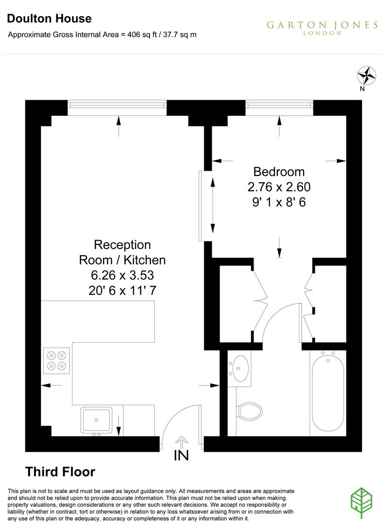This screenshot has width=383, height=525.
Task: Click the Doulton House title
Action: pyautogui.click(x=49, y=19)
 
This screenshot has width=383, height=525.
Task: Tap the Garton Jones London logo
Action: pyautogui.click(x=322, y=27)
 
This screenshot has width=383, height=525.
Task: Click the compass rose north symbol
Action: pyautogui.click(x=367, y=75)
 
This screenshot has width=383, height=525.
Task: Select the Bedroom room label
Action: pyautogui.click(x=279, y=172)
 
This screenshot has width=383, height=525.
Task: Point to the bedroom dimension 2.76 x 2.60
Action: pyautogui.click(x=279, y=187)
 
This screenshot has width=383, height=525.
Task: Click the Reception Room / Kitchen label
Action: pyautogui.click(x=122, y=252)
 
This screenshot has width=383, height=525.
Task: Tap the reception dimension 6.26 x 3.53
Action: pyautogui.click(x=122, y=276)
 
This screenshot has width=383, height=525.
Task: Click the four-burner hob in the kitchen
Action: pyautogui.click(x=56, y=360)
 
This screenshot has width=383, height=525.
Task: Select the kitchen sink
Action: pyautogui.click(x=96, y=420)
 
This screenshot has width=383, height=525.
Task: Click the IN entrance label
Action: pyautogui.click(x=182, y=456)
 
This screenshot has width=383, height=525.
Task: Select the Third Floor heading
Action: pyautogui.click(x=60, y=472)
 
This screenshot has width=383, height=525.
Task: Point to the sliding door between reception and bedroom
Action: pyautogui.click(x=200, y=206)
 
